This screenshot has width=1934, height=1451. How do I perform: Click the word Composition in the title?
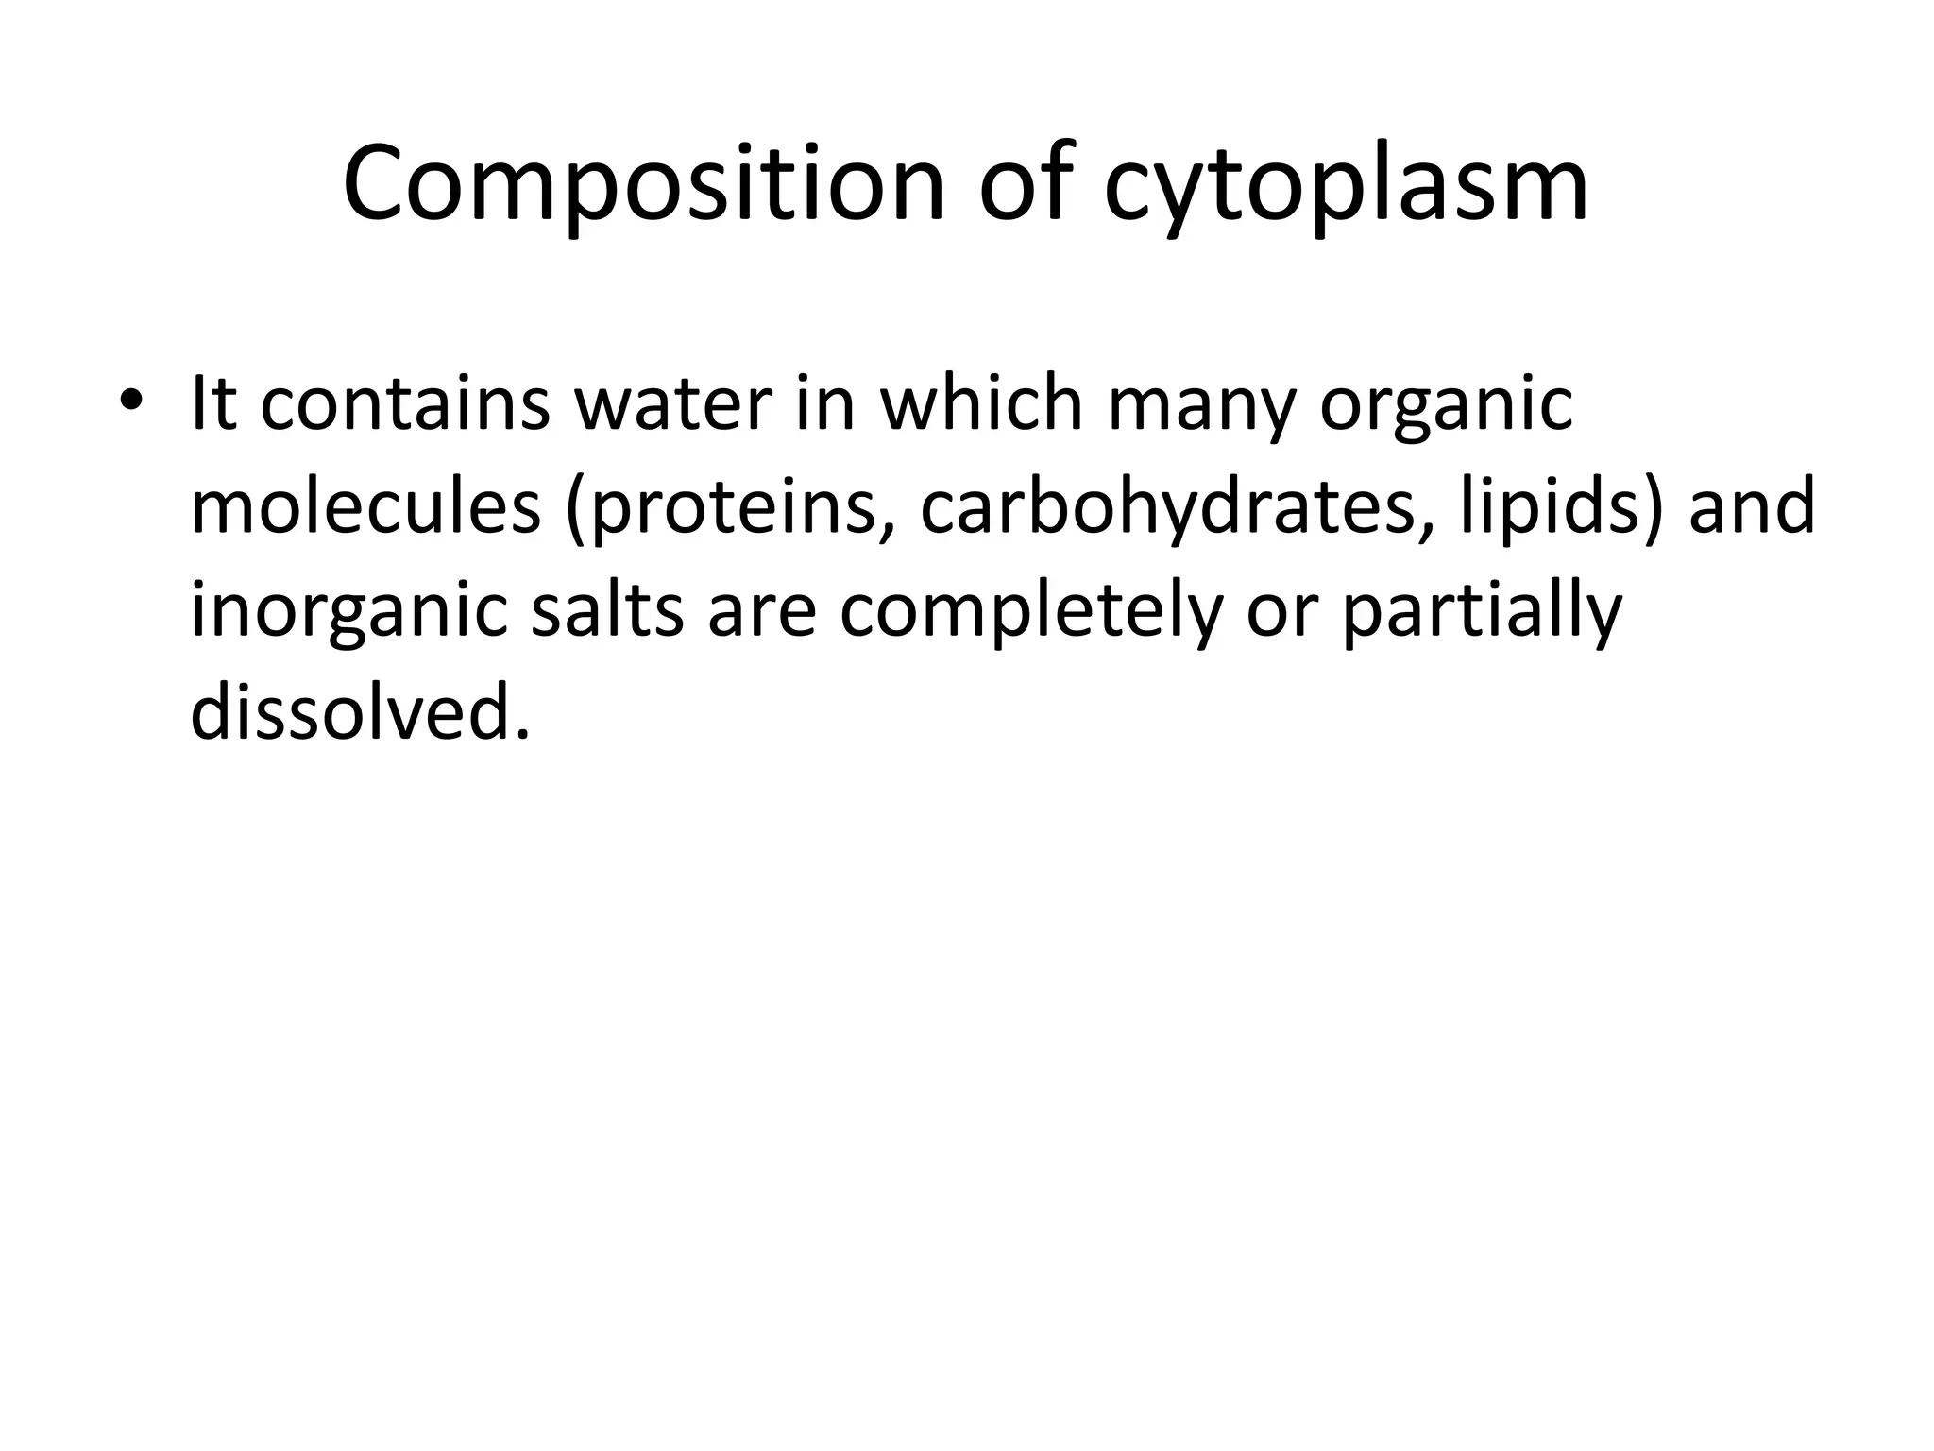click(x=643, y=184)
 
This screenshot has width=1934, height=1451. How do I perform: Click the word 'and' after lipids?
click(x=1752, y=506)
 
